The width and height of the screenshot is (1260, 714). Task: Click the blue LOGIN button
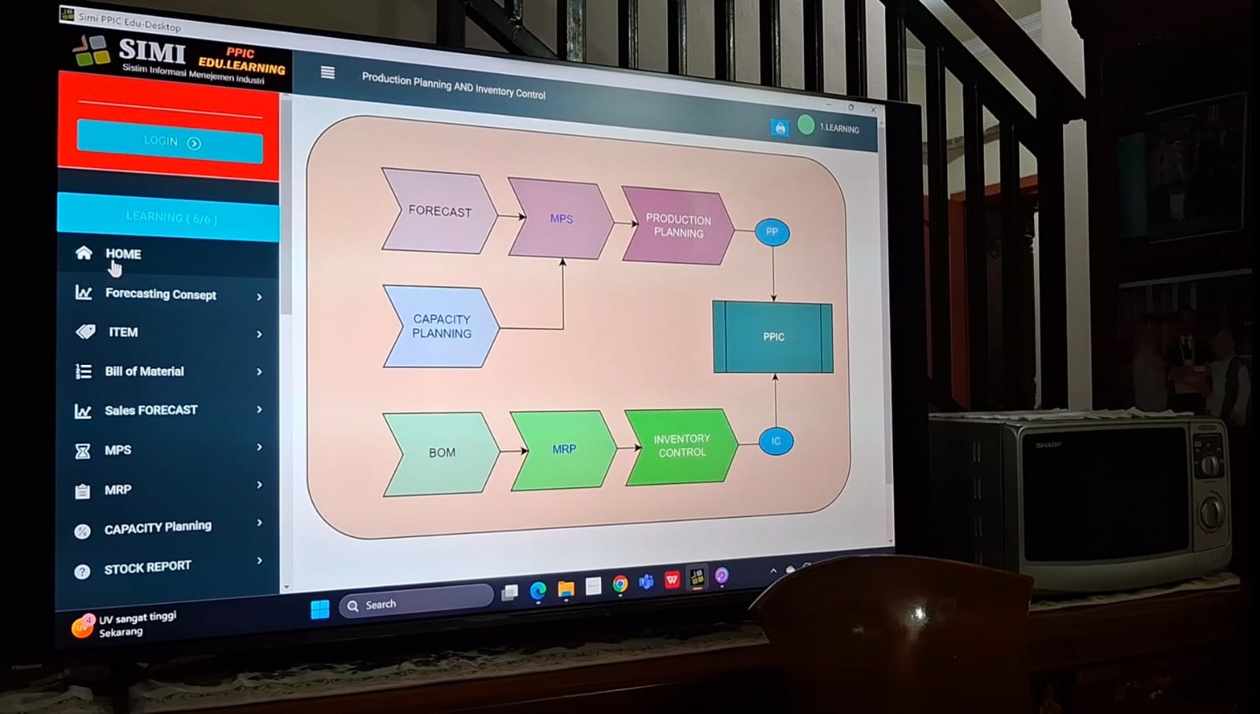point(169,142)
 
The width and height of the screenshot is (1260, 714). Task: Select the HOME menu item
point(123,254)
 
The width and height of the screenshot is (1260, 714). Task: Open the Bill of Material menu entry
point(144,371)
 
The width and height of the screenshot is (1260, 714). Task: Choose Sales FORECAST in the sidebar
point(150,410)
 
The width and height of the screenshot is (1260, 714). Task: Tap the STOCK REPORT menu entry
point(147,567)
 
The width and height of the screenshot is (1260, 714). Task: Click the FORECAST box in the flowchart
point(439,211)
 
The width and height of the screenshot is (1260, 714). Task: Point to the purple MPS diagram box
point(561,219)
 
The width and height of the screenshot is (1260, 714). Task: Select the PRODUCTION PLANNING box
point(677,226)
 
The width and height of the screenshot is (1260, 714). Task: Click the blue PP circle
point(772,232)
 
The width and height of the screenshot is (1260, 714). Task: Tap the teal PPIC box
point(773,337)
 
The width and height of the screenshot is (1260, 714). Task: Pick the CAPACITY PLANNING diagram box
point(441,326)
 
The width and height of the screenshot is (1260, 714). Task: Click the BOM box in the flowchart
point(441,452)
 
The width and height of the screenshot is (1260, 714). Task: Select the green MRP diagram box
point(563,449)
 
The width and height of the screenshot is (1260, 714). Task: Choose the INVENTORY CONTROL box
point(681,445)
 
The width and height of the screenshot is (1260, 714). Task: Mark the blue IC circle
point(776,441)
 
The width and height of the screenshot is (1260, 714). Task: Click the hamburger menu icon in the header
point(328,73)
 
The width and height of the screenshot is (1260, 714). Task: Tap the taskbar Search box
point(417,604)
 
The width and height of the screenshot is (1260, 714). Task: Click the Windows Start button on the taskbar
point(320,609)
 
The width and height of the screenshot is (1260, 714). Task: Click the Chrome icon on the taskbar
point(621,584)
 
